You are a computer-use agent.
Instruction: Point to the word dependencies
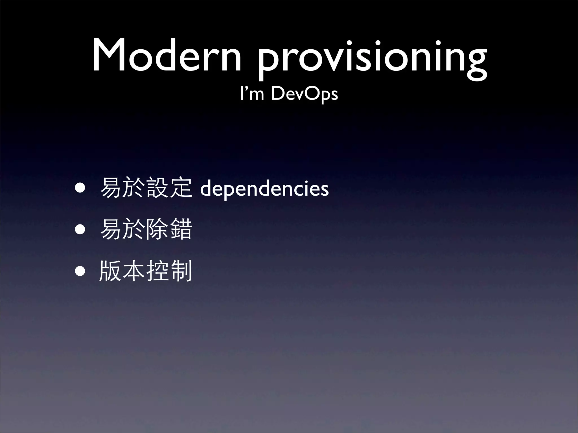pos(264,189)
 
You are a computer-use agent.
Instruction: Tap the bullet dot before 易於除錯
pos(80,229)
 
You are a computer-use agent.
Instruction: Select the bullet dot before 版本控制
pos(80,271)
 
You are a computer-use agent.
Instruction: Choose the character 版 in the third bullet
pos(110,271)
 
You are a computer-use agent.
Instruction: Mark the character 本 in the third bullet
pos(134,271)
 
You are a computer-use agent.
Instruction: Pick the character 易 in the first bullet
pos(111,188)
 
